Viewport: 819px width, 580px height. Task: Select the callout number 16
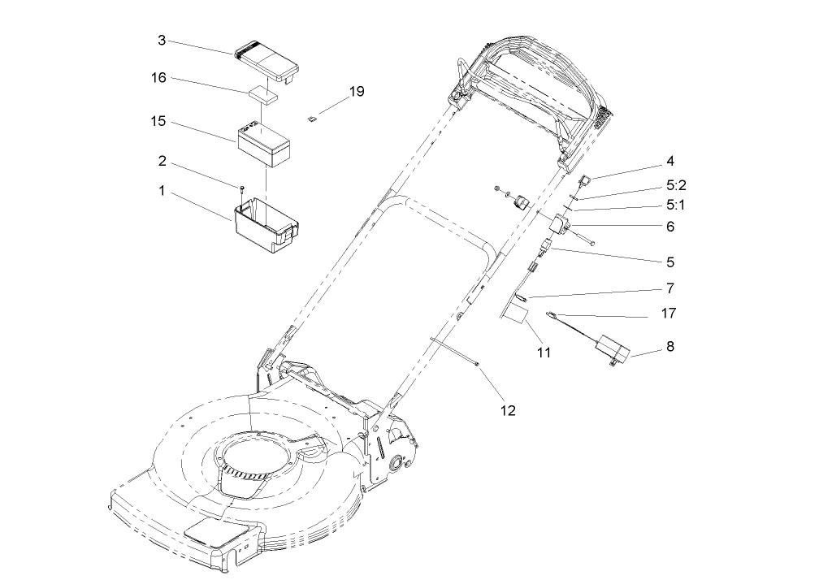(x=158, y=78)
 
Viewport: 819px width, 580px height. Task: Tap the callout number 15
(x=158, y=121)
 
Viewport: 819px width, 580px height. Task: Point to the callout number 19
(x=357, y=92)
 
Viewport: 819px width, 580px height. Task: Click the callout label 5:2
(x=676, y=184)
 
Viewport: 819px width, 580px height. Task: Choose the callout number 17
(x=669, y=312)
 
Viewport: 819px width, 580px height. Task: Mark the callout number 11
(x=544, y=353)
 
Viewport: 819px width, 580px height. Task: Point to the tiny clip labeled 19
(x=311, y=119)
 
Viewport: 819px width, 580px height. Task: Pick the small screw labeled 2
(x=242, y=190)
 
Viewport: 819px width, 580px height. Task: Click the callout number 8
(x=669, y=346)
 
